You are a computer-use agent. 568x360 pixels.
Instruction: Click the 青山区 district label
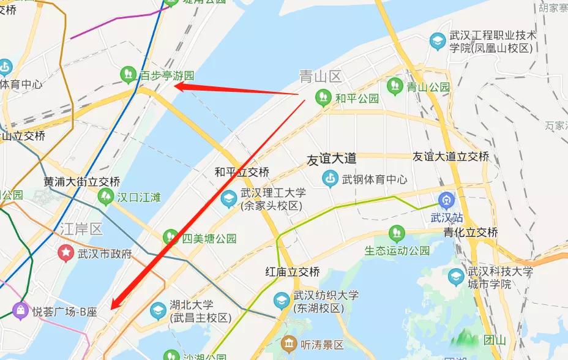[x=319, y=76]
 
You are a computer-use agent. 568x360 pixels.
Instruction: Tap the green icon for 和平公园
[x=322, y=97]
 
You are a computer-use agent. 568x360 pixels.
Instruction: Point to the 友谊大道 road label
[x=331, y=158]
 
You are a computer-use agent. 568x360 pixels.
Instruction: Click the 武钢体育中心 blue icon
[x=330, y=179]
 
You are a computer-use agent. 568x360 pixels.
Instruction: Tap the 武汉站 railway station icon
[x=446, y=200]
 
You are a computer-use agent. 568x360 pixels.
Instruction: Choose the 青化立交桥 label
[x=471, y=232]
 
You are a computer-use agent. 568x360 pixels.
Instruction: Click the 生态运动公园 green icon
[x=397, y=233]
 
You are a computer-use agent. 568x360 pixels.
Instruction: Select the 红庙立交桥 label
[x=291, y=271]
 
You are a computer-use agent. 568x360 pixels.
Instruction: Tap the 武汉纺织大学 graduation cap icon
[x=281, y=300]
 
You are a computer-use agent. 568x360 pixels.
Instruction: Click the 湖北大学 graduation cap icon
[x=157, y=310]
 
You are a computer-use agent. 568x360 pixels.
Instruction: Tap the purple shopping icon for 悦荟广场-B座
[x=20, y=311]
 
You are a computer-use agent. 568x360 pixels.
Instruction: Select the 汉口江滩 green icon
[x=105, y=197]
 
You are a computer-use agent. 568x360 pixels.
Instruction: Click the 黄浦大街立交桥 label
[x=81, y=182]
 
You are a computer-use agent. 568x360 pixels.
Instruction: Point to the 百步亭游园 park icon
[x=128, y=75]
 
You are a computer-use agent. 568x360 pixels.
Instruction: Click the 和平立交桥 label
[x=241, y=172]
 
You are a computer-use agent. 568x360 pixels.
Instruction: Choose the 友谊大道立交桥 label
[x=450, y=157]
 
